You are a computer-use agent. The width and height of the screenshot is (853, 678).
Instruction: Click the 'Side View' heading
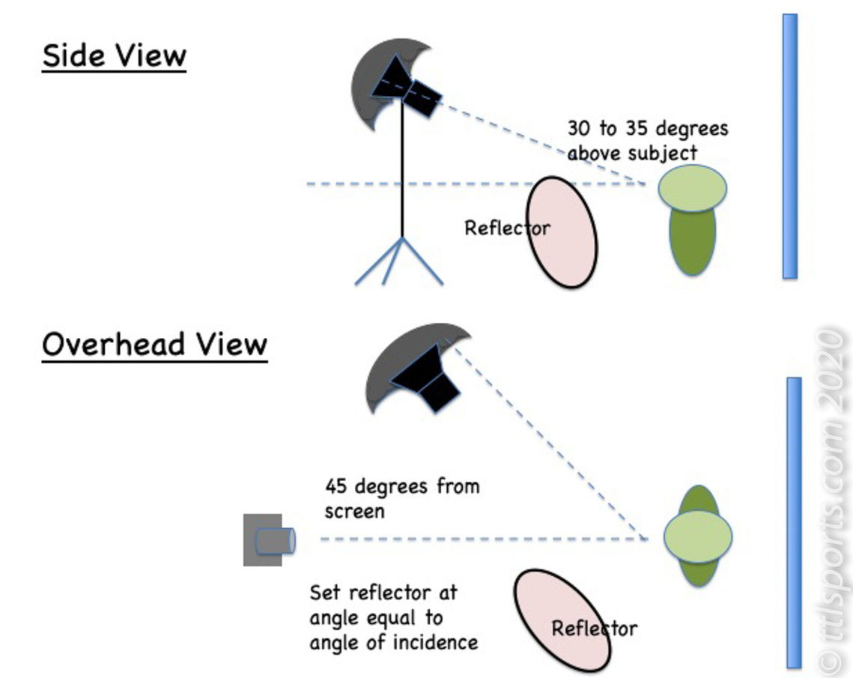pyautogui.click(x=115, y=56)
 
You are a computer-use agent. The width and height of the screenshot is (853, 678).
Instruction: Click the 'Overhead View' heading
pyautogui.click(x=155, y=345)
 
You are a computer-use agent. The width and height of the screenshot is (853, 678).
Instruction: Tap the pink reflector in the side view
pyautogui.click(x=562, y=232)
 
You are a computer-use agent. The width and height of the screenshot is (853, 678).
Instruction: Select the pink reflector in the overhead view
pyautogui.click(x=562, y=621)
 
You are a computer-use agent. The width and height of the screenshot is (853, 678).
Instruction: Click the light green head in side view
pyautogui.click(x=693, y=189)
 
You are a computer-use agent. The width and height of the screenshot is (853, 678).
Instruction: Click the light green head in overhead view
pyautogui.click(x=698, y=536)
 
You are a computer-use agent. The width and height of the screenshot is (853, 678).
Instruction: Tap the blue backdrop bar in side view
pyautogui.click(x=790, y=146)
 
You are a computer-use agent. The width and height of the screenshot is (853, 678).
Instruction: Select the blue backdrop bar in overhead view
pyautogui.click(x=795, y=522)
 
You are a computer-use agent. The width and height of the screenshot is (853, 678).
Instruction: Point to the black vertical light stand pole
pyautogui.click(x=402, y=169)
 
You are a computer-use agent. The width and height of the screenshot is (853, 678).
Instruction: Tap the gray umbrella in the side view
pyautogui.click(x=380, y=82)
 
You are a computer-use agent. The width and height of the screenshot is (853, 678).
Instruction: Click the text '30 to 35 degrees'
pyautogui.click(x=647, y=129)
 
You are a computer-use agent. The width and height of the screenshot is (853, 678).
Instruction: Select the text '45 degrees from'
pyautogui.click(x=402, y=486)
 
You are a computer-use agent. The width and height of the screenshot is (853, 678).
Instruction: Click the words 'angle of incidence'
pyautogui.click(x=393, y=643)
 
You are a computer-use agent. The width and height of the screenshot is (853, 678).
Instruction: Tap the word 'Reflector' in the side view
pyautogui.click(x=507, y=228)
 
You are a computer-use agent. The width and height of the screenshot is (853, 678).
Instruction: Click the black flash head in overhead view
pyautogui.click(x=427, y=378)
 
